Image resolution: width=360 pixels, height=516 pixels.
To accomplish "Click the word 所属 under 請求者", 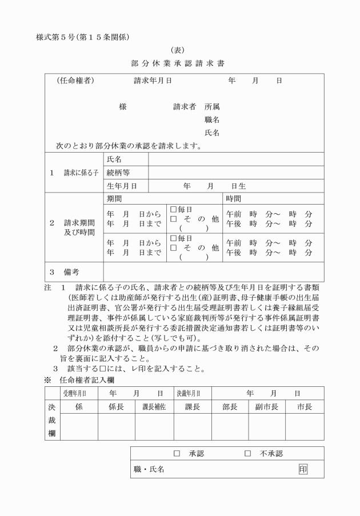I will (x=212, y=106).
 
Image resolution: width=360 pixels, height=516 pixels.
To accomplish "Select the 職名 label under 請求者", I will (x=212, y=119).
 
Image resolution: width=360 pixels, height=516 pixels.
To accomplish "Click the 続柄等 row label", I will (x=118, y=173).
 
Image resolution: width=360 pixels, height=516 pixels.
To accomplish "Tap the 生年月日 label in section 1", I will (x=122, y=186).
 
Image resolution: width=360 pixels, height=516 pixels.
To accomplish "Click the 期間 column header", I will (x=114, y=199).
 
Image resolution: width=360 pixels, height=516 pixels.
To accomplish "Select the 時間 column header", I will (x=233, y=199).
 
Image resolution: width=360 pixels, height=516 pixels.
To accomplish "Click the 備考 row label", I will (x=72, y=272).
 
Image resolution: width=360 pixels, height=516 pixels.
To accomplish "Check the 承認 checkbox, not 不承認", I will (x=177, y=453).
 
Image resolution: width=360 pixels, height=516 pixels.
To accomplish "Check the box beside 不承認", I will (x=247, y=453).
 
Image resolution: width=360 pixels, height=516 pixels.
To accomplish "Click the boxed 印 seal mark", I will (x=303, y=469).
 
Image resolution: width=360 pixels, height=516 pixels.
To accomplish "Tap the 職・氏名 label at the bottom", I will (x=149, y=469).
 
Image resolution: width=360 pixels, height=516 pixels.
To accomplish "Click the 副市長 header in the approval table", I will (x=266, y=407).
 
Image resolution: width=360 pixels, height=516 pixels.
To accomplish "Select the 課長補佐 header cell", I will (x=153, y=407).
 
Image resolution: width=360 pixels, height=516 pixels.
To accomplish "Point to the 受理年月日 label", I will (x=75, y=393).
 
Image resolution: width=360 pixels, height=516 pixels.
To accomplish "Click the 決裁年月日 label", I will (x=189, y=393).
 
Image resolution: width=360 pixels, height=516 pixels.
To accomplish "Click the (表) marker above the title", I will (x=179, y=50).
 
